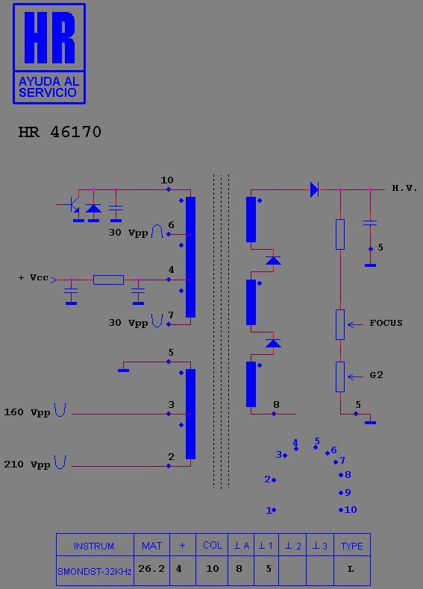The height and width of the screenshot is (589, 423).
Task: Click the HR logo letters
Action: [x=49, y=37]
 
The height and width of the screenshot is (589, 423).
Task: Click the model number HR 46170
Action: [x=60, y=132]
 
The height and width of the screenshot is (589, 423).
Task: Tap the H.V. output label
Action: [x=404, y=188]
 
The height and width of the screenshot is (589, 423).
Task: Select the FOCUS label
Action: [x=386, y=323]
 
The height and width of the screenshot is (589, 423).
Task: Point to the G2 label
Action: [x=376, y=375]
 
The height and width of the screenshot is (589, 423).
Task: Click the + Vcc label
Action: [x=33, y=277]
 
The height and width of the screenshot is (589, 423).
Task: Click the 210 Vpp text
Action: [x=27, y=464]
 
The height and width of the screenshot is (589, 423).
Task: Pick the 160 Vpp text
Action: [x=27, y=412]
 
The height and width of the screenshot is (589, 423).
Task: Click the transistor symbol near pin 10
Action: [x=72, y=205]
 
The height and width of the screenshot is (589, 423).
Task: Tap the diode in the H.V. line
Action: [x=314, y=189]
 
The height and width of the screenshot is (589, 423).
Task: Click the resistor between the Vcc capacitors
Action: [x=108, y=280]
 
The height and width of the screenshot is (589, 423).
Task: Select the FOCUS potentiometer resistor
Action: [x=340, y=324]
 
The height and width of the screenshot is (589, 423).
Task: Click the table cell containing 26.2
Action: [x=151, y=570]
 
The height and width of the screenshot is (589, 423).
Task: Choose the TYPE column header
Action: [x=352, y=545]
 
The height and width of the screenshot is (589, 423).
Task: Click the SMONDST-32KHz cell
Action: [x=95, y=570]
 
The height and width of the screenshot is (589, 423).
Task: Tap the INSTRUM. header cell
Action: [x=95, y=545]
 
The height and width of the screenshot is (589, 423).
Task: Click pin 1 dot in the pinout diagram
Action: [x=274, y=510]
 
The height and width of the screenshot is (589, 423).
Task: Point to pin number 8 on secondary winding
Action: [x=276, y=405]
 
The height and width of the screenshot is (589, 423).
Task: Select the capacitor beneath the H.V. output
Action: [x=370, y=223]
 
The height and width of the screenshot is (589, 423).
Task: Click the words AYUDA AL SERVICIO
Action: [x=48, y=87]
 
